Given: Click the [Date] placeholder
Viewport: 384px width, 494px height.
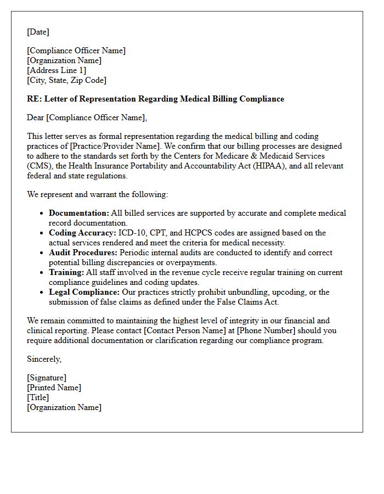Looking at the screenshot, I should click(38, 32).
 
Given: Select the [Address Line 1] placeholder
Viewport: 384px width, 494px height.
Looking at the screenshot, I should click(57, 70).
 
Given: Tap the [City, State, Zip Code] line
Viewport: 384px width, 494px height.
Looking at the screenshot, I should click(66, 80).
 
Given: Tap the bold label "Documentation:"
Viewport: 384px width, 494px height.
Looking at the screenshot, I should click(79, 213).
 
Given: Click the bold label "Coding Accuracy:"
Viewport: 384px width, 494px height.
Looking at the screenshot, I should click(82, 233).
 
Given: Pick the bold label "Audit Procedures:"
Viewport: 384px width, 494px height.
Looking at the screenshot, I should click(83, 252).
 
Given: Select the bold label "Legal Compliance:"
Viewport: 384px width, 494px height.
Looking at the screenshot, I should click(84, 292).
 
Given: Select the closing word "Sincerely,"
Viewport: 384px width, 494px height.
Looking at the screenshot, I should click(44, 359).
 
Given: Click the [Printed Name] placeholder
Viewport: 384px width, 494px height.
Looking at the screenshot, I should click(54, 388).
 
